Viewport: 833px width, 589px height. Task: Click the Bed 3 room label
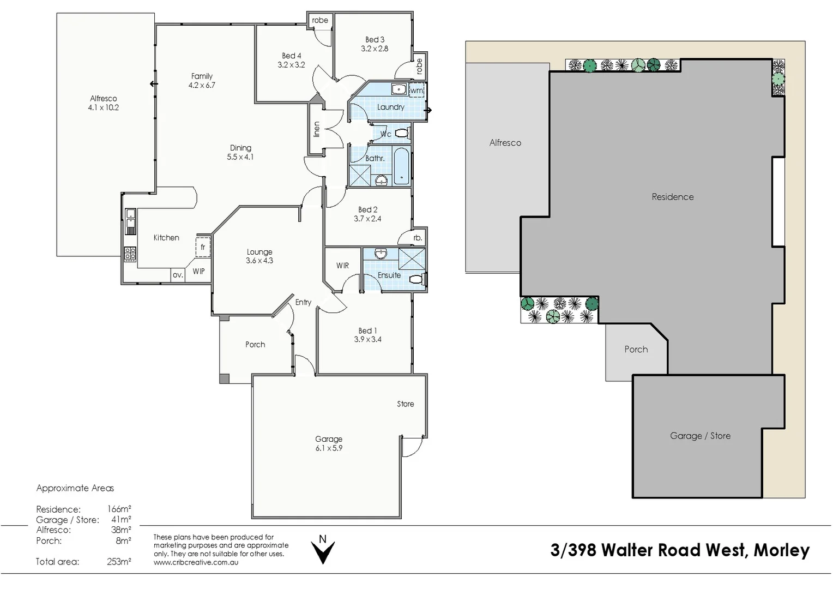(375, 44)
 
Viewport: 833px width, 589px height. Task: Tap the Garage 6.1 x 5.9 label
(329, 443)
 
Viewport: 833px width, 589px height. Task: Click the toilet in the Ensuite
(417, 280)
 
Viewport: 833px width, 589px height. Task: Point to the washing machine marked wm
(417, 91)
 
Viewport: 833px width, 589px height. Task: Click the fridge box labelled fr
(203, 247)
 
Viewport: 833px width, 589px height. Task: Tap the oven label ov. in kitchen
(178, 275)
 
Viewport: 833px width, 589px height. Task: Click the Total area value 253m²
(119, 562)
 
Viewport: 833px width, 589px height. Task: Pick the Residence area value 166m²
(119, 509)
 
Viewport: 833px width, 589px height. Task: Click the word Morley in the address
(781, 550)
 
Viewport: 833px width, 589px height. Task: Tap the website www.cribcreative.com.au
(196, 562)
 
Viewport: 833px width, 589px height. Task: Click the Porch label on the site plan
(636, 350)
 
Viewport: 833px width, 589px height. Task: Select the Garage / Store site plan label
(700, 436)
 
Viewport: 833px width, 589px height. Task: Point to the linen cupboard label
(317, 129)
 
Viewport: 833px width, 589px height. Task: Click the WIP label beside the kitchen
(198, 271)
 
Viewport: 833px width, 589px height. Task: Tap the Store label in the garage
(405, 404)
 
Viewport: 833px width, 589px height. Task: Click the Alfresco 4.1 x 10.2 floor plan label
(104, 103)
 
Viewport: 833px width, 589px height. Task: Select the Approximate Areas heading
(75, 488)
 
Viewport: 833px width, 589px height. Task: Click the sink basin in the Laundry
(398, 89)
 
